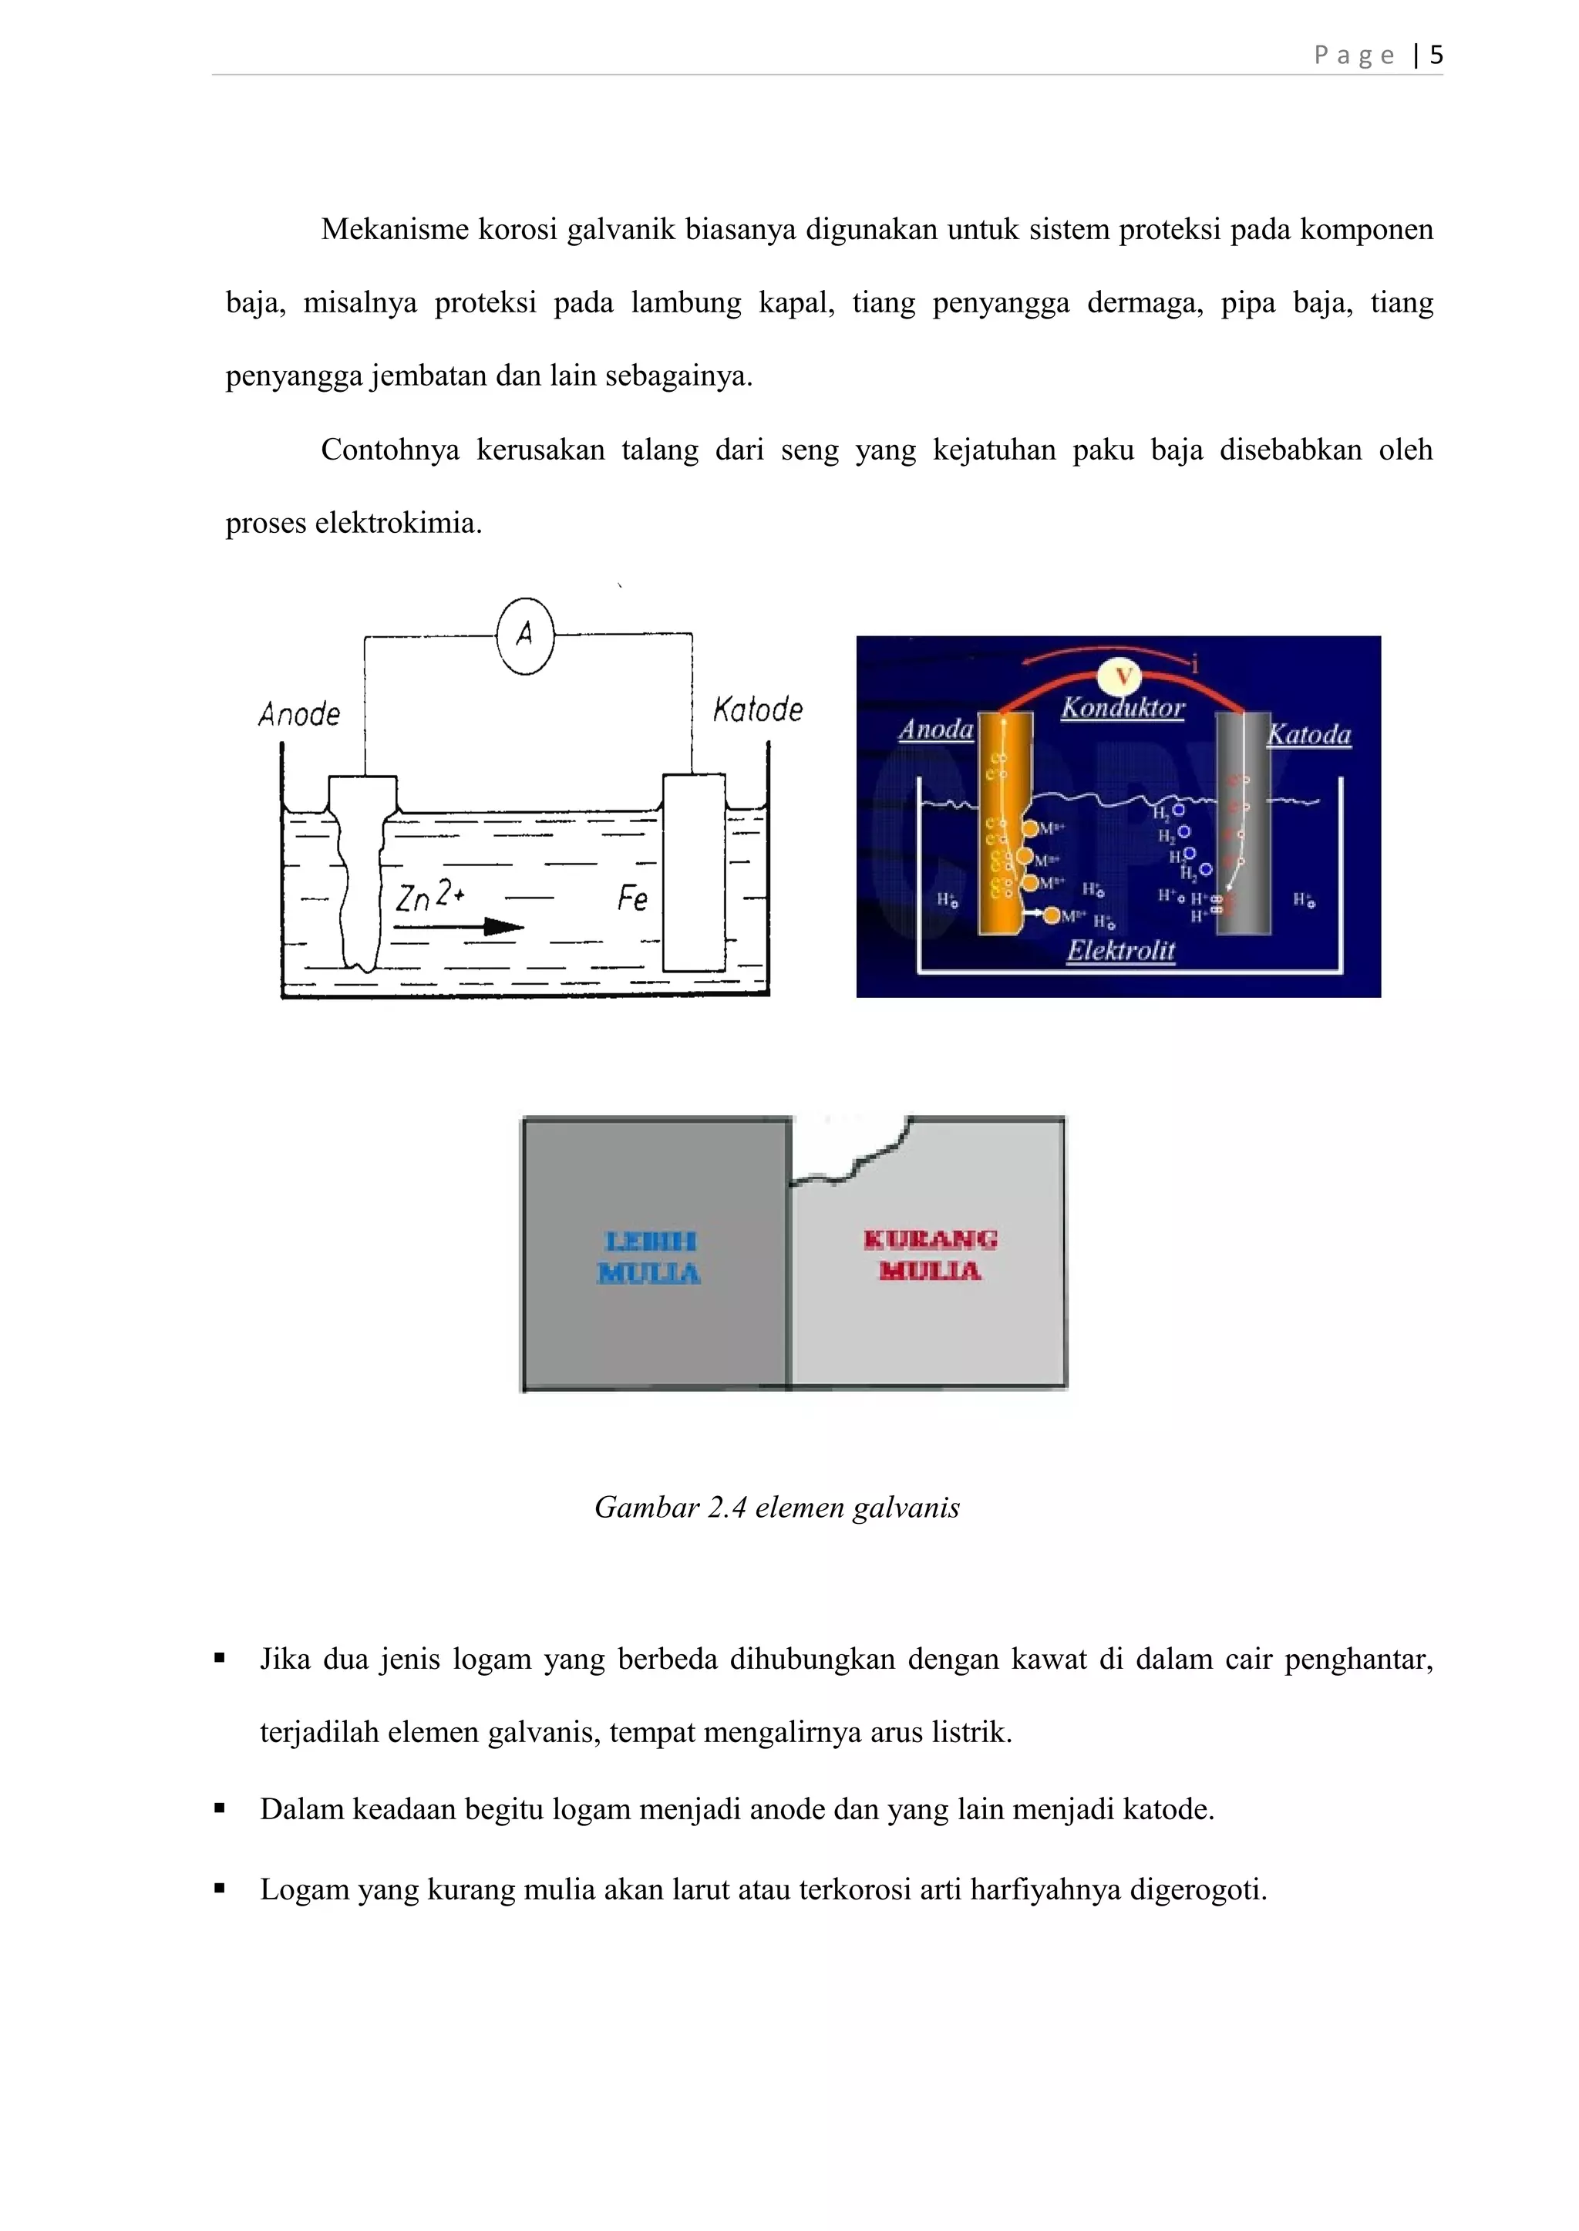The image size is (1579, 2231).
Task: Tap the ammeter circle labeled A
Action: (525, 636)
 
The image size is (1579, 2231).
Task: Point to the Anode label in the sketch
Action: (299, 715)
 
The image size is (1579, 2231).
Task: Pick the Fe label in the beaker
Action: (632, 898)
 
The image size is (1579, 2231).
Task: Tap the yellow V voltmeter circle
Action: (1123, 677)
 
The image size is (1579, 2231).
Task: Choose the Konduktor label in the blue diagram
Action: (1123, 708)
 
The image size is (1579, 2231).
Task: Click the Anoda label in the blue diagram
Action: (935, 730)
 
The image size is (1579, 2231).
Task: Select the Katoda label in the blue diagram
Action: (1308, 734)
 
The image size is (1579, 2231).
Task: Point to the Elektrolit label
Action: (1121, 950)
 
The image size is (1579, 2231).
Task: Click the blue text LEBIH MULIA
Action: (649, 1256)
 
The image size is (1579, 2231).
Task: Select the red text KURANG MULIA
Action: (931, 1255)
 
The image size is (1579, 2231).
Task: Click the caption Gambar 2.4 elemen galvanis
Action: (777, 1508)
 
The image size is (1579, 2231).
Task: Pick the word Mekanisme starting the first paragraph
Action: (395, 230)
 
